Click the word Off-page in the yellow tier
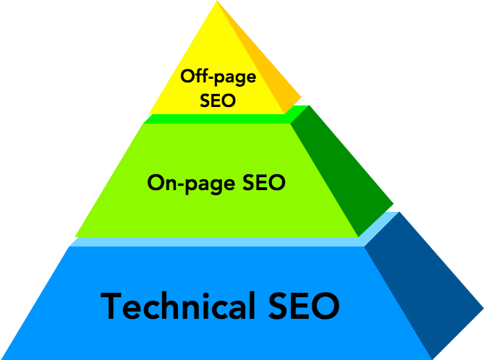click(x=218, y=77)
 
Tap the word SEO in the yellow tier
click(x=218, y=100)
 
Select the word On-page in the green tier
click(x=191, y=184)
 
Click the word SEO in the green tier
click(x=264, y=182)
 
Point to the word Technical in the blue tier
click(x=178, y=305)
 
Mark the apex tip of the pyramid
click(x=217, y=1)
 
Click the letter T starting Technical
click(x=111, y=306)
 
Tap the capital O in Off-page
click(x=188, y=76)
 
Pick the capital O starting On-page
click(x=156, y=183)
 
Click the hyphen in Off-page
click(x=211, y=77)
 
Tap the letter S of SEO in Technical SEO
click(x=278, y=306)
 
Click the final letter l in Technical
click(x=252, y=305)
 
